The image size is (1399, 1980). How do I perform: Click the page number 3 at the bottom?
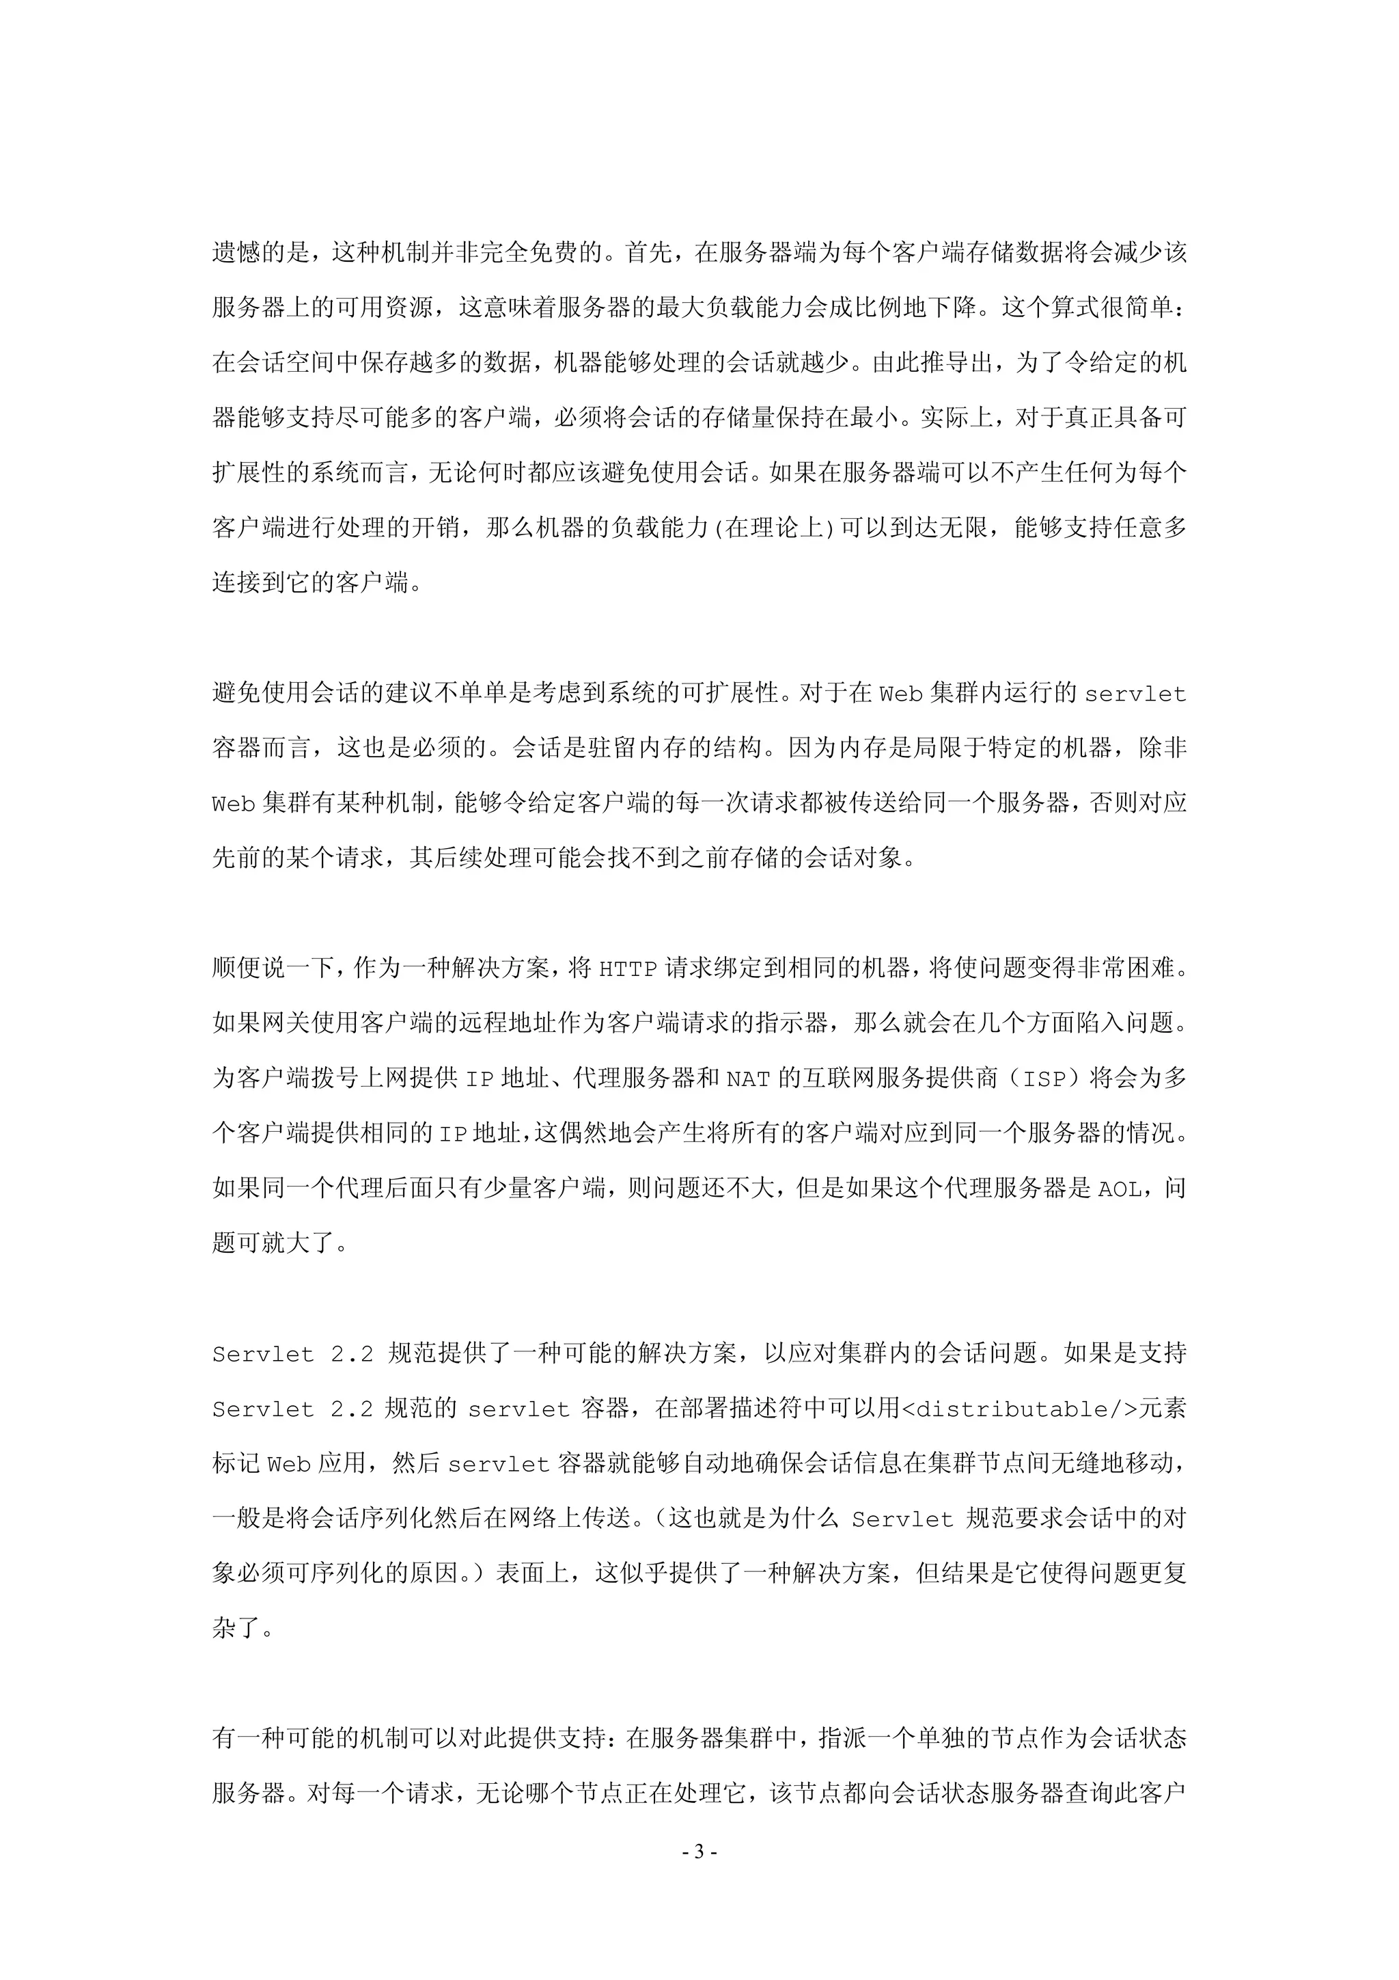[699, 1851]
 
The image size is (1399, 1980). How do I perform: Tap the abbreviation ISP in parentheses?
[1044, 1079]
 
